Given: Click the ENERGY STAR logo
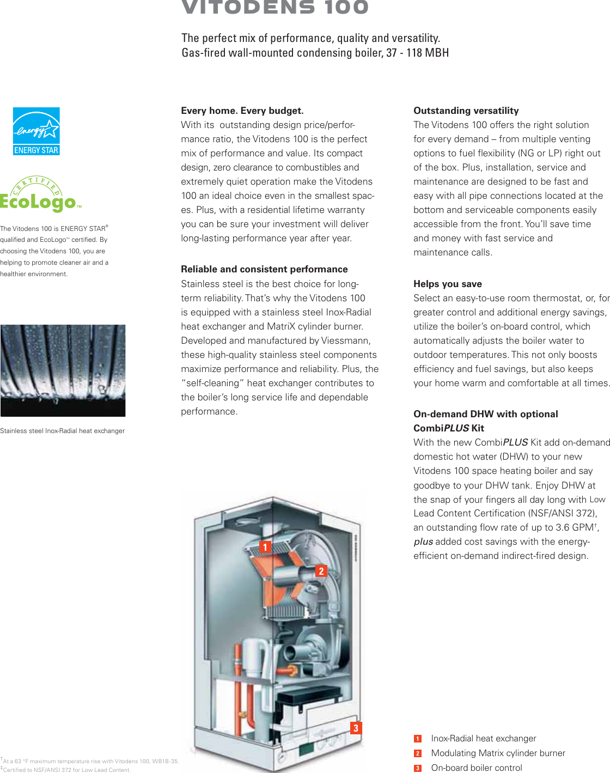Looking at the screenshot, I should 36,131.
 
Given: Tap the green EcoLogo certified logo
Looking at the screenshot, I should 40,195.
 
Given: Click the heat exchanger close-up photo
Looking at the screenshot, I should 63,370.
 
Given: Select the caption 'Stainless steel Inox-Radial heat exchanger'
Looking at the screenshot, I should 63,431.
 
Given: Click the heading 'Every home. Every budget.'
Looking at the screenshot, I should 242,111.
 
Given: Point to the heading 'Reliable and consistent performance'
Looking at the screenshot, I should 264,269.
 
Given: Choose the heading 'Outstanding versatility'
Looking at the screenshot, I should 466,111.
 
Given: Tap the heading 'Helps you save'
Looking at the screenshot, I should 448,284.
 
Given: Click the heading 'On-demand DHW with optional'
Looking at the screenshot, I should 486,414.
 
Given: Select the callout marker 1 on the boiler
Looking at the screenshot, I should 265,547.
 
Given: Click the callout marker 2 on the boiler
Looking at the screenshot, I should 321,571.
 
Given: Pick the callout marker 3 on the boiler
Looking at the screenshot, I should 356,728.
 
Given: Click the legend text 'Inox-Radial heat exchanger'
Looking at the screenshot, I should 484,738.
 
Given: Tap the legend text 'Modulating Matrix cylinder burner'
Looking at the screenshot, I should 498,753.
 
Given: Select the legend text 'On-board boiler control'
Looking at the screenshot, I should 477,768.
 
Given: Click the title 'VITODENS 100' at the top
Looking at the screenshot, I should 276,8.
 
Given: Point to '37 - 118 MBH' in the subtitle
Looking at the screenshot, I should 418,53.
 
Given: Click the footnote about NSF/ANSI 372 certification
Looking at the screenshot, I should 66,770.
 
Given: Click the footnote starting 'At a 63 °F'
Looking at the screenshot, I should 90,761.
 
